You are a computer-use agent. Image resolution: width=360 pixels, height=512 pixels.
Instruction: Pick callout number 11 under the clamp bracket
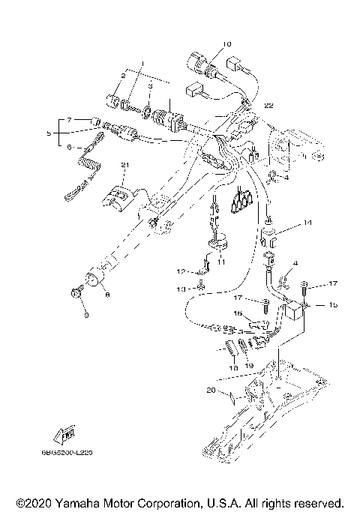coord(221,262)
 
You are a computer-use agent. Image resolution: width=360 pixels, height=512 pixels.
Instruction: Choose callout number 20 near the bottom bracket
coord(211,391)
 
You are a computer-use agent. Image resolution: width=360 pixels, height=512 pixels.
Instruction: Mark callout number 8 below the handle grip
coord(106,296)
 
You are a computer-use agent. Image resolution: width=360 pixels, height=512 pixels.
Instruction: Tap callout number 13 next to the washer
coord(181,287)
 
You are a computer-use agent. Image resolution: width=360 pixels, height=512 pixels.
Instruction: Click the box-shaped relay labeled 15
coord(295,310)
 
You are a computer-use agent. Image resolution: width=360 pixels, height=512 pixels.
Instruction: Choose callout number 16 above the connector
coord(237,313)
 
